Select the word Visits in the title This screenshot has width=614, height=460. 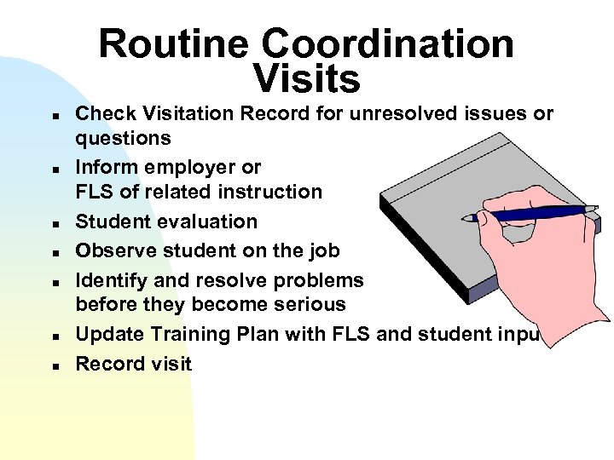coord(307,79)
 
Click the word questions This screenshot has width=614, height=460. coord(123,139)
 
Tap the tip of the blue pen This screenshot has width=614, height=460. coord(465,219)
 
